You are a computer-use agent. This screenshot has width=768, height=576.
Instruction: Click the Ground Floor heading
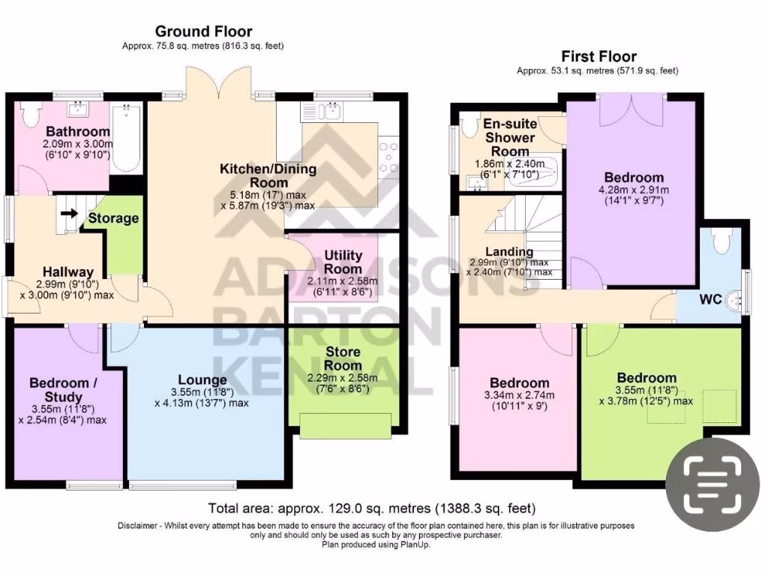(x=203, y=31)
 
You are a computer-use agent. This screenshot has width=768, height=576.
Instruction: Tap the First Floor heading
(x=598, y=56)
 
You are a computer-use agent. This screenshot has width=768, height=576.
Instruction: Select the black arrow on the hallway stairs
(x=69, y=214)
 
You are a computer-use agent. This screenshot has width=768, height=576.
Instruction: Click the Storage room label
(x=113, y=218)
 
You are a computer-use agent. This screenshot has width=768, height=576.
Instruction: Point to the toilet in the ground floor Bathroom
(x=31, y=115)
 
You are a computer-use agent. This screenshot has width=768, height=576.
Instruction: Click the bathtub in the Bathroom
(x=126, y=139)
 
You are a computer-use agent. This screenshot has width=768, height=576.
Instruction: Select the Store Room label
(x=343, y=358)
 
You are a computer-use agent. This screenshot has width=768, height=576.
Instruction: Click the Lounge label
(x=202, y=380)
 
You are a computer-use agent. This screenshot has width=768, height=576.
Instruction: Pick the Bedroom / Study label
(x=64, y=390)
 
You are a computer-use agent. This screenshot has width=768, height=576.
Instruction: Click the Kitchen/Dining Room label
(x=268, y=175)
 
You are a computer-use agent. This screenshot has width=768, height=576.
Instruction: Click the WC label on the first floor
(x=710, y=299)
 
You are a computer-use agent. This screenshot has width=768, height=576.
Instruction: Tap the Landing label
(x=509, y=252)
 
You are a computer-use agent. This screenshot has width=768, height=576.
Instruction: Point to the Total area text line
(x=371, y=508)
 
